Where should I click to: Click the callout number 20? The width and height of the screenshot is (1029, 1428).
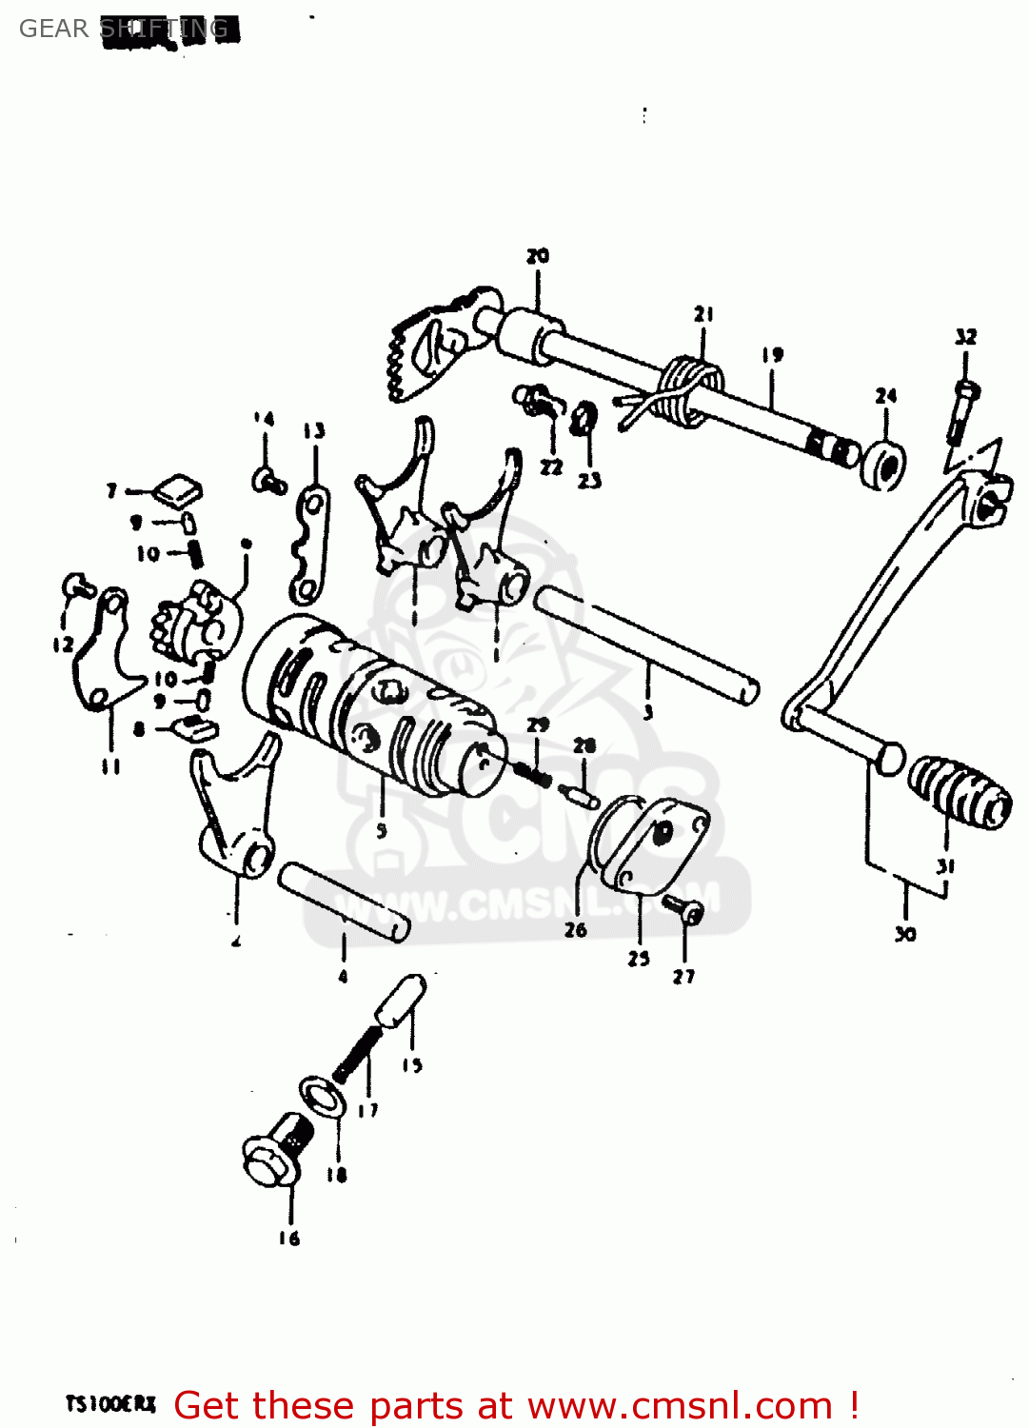point(538,256)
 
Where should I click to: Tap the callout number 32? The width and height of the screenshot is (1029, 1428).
point(965,337)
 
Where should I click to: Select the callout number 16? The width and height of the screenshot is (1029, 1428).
point(289,1238)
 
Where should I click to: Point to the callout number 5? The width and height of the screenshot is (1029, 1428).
point(382,830)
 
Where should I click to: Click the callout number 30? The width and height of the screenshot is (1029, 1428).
point(905,935)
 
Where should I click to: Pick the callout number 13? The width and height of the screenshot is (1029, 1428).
point(314,431)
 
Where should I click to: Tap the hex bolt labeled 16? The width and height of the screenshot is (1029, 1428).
point(273,1155)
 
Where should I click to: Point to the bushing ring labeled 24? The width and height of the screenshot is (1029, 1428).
point(884,465)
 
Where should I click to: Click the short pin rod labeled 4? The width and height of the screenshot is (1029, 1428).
point(343,901)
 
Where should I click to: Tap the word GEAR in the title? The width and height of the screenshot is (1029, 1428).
point(53,29)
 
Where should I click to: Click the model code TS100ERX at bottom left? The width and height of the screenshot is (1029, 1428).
point(110,1404)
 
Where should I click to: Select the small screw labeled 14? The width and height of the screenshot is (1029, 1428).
point(268,480)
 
